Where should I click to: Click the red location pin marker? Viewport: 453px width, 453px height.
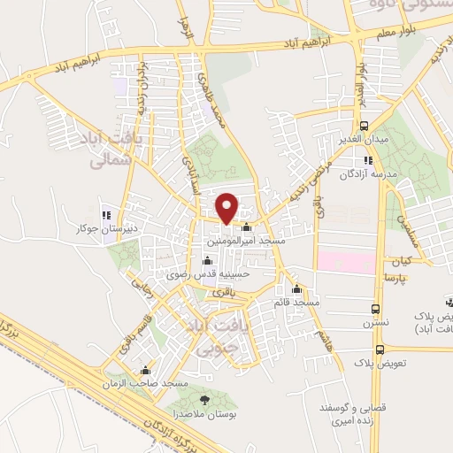click(x=228, y=208)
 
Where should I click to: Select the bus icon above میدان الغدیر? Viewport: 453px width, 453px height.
click(x=365, y=126)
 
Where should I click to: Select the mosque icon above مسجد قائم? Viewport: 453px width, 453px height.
click(x=296, y=288)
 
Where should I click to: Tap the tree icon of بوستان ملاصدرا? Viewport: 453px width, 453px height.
click(x=204, y=400)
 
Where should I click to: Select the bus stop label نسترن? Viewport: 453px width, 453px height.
click(x=378, y=324)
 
